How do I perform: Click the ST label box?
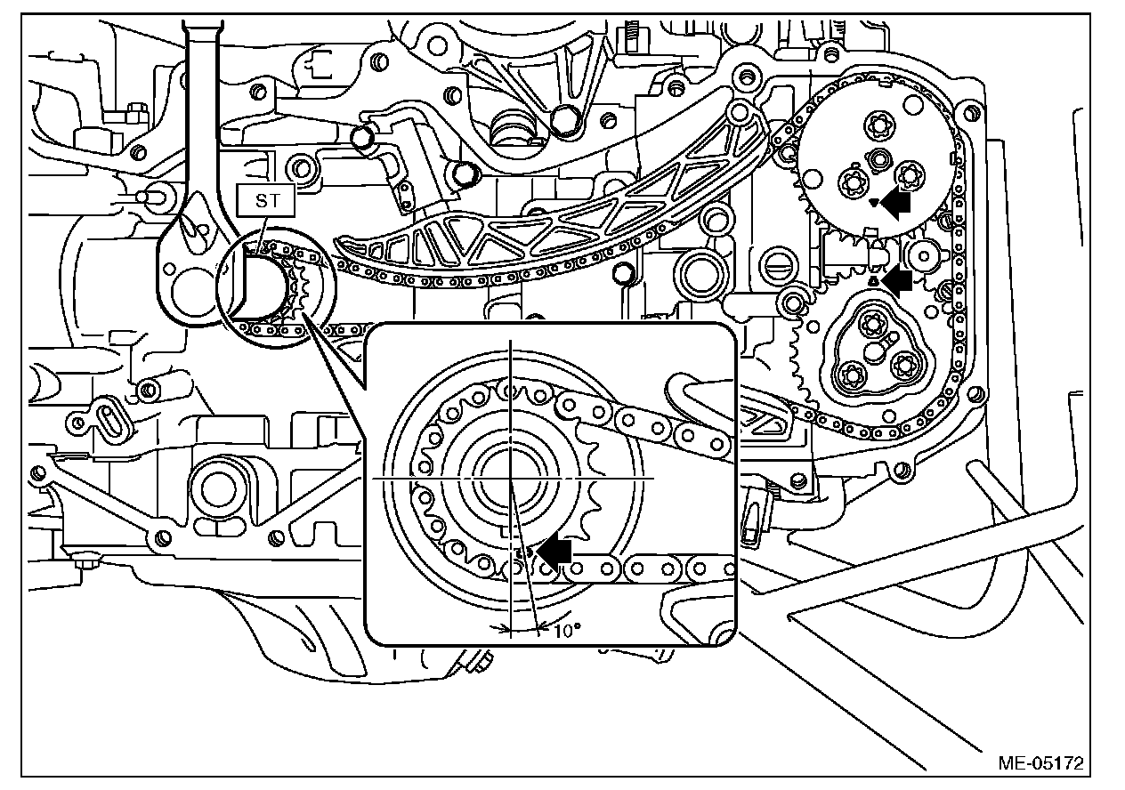pyautogui.click(x=268, y=200)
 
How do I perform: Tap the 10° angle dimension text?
pyautogui.click(x=567, y=631)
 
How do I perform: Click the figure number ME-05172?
pyautogui.click(x=1041, y=762)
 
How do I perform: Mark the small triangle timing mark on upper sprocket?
pyautogui.click(x=874, y=203)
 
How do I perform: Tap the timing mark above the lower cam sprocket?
pyautogui.click(x=874, y=280)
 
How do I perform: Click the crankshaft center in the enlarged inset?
pyautogui.click(x=511, y=478)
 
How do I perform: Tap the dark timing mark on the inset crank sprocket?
pyautogui.click(x=523, y=552)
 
